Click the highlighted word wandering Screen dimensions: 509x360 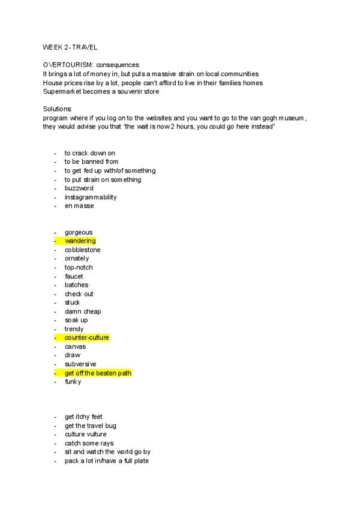tap(80, 241)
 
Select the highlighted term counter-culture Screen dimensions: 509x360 tap(87, 338)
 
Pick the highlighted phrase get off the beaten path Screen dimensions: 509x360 tap(98, 373)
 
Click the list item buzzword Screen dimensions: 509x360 tap(79, 188)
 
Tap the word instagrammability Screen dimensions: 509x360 tap(91, 197)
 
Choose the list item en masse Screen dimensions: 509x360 tap(79, 206)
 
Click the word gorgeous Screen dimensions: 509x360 tap(79, 232)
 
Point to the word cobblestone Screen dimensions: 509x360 tap(83, 250)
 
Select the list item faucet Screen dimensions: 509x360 tap(74, 276)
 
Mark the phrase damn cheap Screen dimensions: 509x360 tap(83, 312)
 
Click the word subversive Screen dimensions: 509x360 tap(80, 364)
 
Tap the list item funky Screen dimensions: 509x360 tap(73, 382)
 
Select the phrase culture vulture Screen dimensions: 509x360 tap(88, 434)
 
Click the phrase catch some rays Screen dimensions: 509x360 tap(89, 443)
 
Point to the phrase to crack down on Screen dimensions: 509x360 tap(89, 153)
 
